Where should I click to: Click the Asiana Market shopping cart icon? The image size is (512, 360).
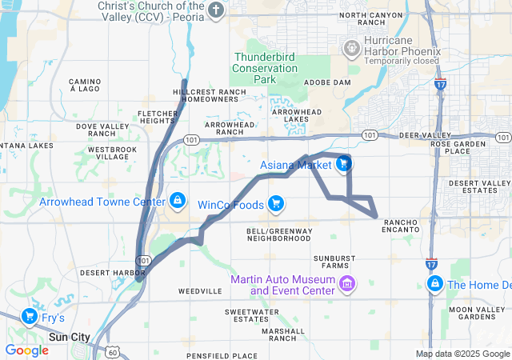343,164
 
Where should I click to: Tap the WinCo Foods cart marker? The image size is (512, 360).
276,203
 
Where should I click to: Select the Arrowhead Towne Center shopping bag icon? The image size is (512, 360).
177,200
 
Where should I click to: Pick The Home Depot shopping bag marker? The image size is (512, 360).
435,283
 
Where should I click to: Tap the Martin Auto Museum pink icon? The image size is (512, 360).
347,283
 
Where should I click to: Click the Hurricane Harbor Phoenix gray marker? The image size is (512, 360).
350,49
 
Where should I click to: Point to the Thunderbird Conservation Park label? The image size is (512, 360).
265,68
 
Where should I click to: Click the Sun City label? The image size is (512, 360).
70,338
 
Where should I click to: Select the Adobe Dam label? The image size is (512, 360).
328,82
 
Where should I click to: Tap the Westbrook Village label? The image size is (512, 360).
107,153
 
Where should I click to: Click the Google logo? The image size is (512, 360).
26,350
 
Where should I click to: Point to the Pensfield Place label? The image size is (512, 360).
222,355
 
